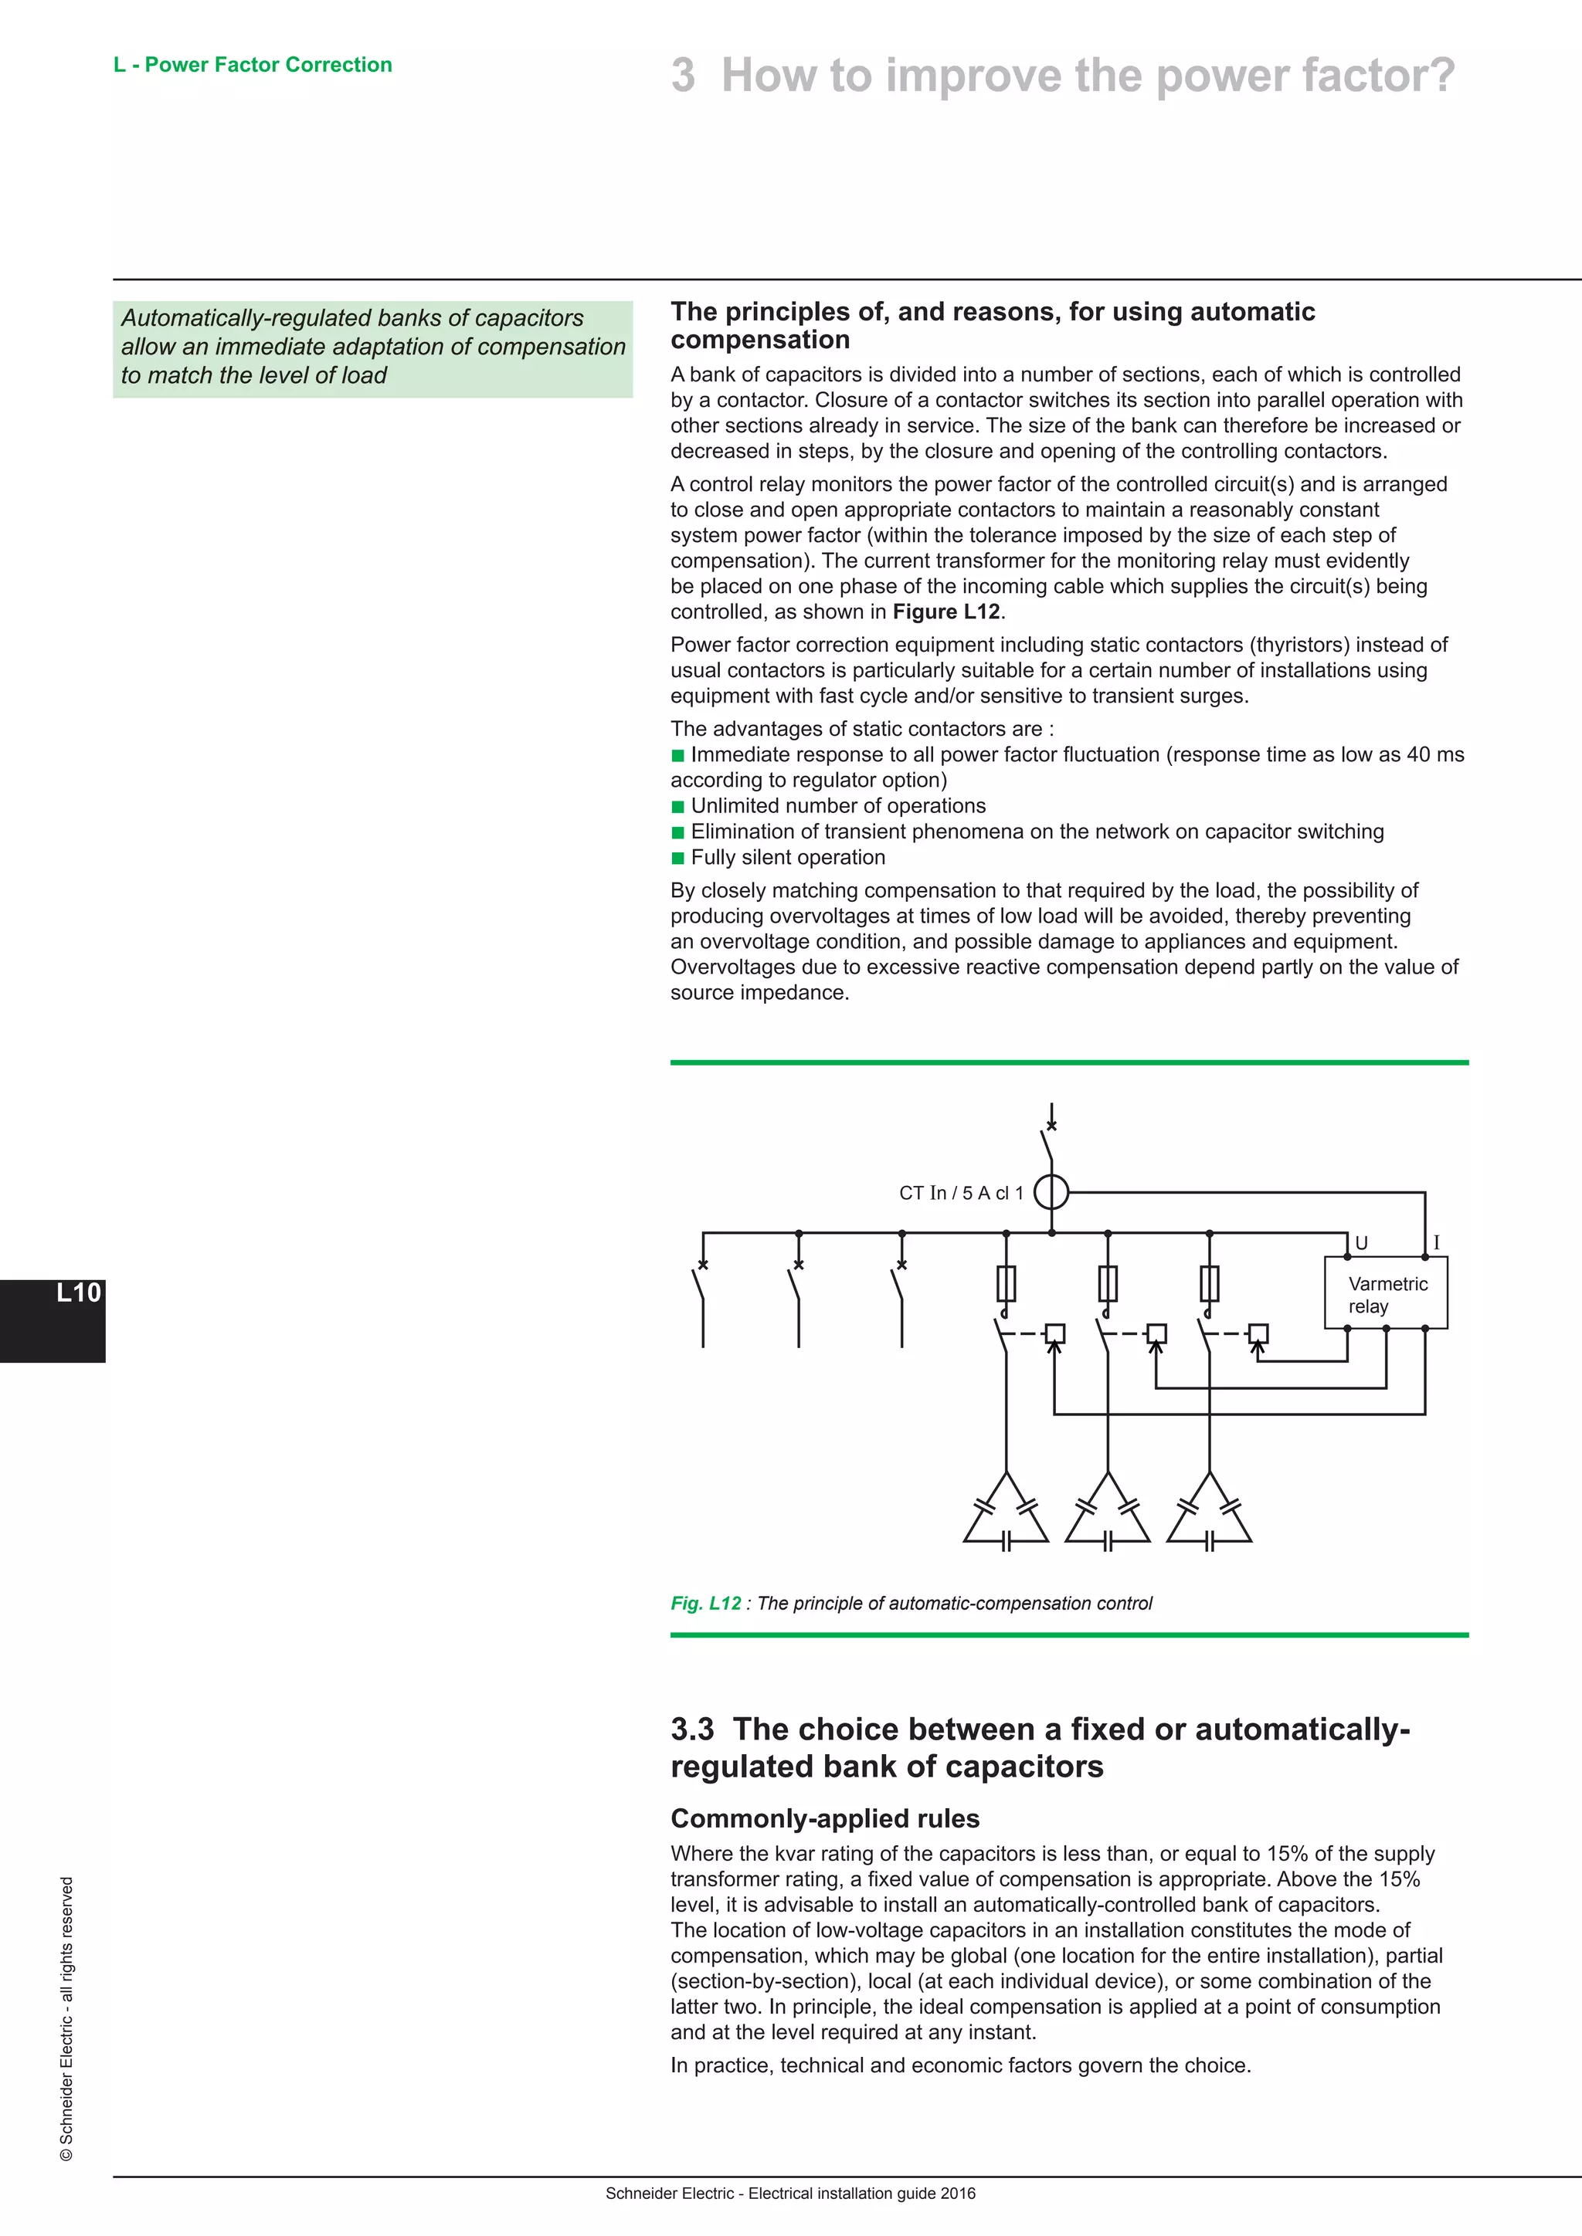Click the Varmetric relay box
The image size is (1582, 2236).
point(1385,1293)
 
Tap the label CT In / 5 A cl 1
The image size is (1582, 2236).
point(960,1193)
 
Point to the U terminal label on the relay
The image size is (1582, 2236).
point(1362,1244)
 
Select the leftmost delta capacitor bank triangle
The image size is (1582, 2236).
point(1007,1513)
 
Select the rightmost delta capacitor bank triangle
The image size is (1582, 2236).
point(1209,1513)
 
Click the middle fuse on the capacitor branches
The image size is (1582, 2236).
point(1108,1283)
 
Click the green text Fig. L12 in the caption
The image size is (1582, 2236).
point(705,1604)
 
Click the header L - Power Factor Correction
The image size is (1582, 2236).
point(253,66)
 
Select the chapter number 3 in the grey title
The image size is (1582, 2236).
point(683,76)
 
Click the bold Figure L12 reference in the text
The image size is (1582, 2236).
point(946,612)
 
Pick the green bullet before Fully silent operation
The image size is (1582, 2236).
point(678,858)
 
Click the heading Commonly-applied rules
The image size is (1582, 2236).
point(824,1818)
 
